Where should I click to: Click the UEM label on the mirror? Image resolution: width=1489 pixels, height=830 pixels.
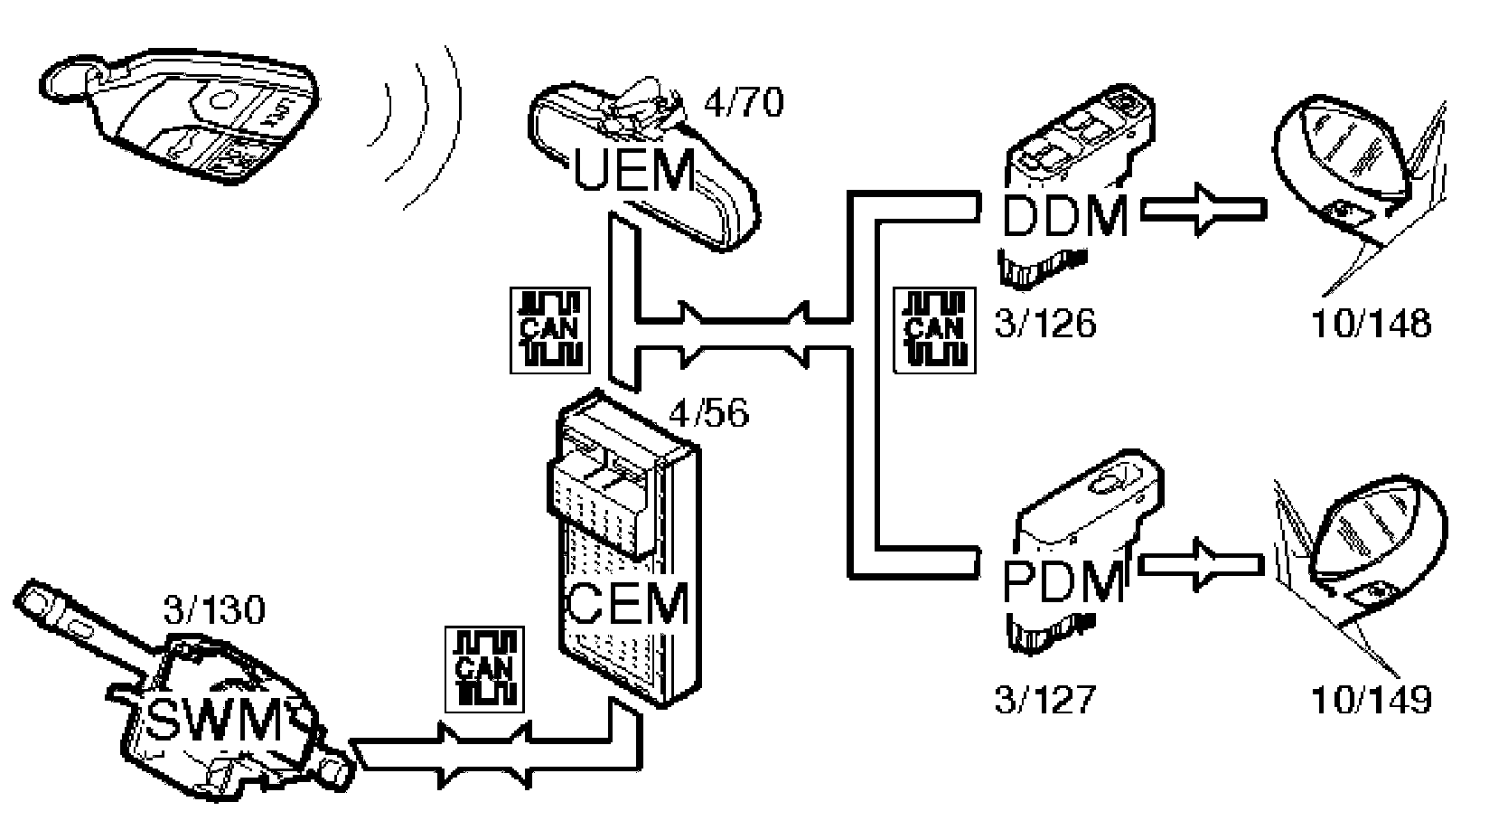click(x=635, y=173)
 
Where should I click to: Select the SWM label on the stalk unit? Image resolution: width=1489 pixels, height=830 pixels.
click(x=214, y=721)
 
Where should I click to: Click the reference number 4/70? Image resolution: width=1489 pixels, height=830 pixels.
click(x=743, y=103)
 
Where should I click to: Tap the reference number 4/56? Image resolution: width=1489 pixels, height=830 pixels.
click(x=709, y=415)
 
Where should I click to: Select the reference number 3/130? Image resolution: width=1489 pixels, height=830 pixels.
click(x=214, y=610)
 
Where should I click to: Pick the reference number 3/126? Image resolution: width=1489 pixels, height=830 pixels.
click(x=1045, y=323)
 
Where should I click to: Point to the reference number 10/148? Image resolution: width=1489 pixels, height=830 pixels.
click(x=1371, y=323)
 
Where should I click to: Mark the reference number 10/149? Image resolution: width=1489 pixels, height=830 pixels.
click(x=1371, y=699)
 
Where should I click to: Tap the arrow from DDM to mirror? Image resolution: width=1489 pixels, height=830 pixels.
click(x=1202, y=211)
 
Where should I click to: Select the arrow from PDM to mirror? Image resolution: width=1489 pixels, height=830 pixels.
click(x=1202, y=566)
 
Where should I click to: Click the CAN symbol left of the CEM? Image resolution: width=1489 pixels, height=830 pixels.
click(x=485, y=668)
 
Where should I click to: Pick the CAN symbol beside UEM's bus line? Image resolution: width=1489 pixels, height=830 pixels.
click(x=550, y=330)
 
